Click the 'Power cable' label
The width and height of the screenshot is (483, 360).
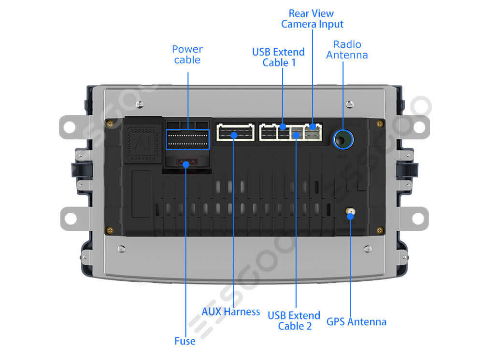(187, 55)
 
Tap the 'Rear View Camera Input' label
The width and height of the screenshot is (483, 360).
(312, 19)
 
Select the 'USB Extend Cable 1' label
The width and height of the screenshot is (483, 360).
(279, 57)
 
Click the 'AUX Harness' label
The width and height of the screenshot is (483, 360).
(231, 312)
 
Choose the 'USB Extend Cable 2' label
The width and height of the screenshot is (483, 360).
(294, 320)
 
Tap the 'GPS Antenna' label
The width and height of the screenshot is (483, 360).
(356, 321)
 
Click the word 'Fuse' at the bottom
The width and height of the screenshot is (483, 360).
(185, 341)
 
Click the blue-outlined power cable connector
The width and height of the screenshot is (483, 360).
(187, 139)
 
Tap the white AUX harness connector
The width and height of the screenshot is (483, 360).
(236, 132)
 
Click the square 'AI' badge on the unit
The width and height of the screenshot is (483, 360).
(142, 143)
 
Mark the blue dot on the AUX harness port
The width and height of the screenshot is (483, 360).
(234, 136)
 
